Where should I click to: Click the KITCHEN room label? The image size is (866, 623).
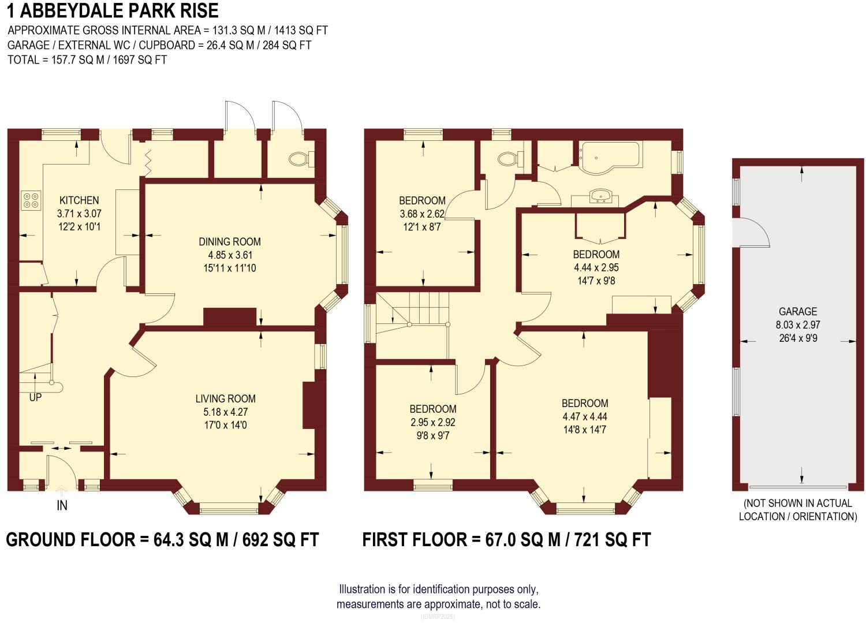click(79, 200)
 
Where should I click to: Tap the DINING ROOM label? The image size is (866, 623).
click(230, 242)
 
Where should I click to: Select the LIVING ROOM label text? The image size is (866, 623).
click(225, 398)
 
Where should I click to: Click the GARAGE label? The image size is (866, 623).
click(798, 311)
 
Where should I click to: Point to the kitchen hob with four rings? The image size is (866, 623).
click(31, 200)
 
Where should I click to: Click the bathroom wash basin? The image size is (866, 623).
click(603, 197)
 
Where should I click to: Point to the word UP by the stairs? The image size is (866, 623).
click(35, 397)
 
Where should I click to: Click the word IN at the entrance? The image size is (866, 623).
click(62, 505)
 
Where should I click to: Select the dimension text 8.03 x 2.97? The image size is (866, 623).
click(798, 325)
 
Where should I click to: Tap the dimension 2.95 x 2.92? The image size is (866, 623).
click(433, 422)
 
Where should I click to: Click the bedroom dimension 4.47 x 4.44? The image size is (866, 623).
click(585, 416)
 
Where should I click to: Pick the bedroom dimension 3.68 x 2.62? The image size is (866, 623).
click(422, 214)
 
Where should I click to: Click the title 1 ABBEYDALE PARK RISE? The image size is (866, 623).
click(113, 10)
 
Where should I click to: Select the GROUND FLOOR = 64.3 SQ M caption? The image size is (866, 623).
click(162, 540)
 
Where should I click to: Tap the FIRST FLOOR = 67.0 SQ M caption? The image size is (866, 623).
click(506, 540)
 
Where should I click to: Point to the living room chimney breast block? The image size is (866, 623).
click(310, 405)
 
